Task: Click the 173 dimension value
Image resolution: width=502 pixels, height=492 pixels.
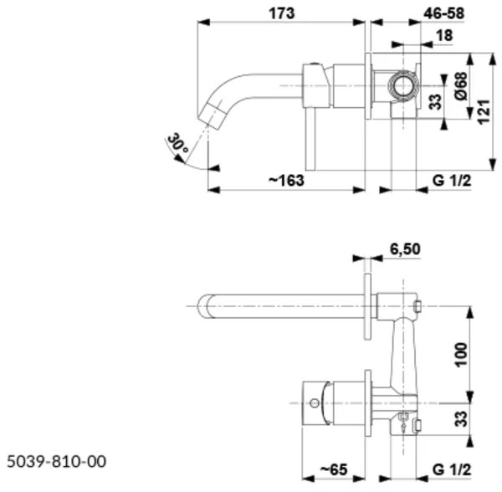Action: (x=279, y=13)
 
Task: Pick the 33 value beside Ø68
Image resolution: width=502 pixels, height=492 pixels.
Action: (x=434, y=103)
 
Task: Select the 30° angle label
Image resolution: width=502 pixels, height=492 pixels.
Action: (x=177, y=143)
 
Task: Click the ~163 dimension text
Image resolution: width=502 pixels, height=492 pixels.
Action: (x=285, y=181)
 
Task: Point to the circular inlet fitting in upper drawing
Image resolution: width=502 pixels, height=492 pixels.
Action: (x=402, y=84)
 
